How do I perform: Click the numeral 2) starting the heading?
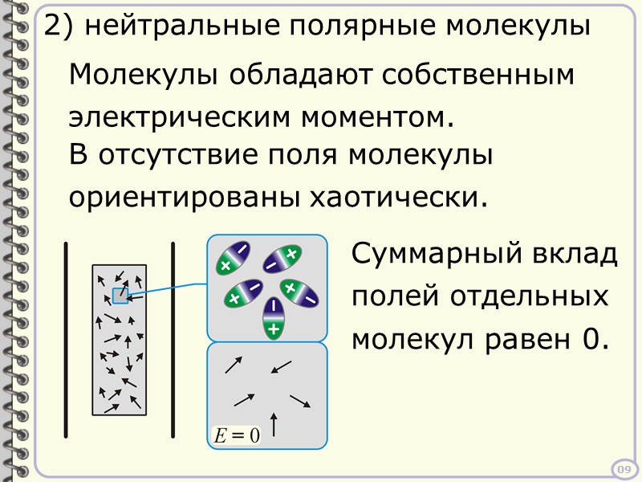click(58, 27)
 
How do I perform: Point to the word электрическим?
click(182, 117)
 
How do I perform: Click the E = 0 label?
click(236, 436)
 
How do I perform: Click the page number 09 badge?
click(624, 469)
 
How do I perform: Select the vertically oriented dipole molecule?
click(274, 317)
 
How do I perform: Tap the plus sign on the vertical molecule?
click(274, 329)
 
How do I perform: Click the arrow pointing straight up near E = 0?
click(275, 424)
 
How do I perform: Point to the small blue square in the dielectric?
click(120, 295)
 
